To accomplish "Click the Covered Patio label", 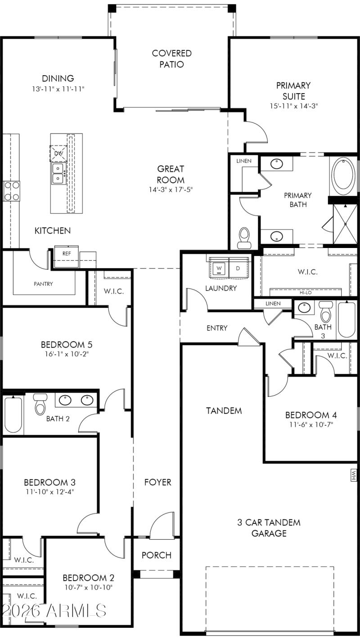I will (171, 59).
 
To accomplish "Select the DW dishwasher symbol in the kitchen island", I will (58, 153).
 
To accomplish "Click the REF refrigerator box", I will (67, 254).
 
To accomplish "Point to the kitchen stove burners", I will (12, 190).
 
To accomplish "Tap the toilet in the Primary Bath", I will (244, 237).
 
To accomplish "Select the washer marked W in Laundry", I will (219, 268).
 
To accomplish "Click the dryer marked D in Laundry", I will (238, 268).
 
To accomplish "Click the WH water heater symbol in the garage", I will (353, 474).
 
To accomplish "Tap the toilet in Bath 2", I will (40, 404).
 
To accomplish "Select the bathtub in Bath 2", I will (13, 414).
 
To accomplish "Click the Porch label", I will (157, 555).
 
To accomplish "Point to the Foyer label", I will (157, 482).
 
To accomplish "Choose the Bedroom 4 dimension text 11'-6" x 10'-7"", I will (311, 424).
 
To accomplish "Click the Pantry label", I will (43, 284).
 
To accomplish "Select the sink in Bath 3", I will (305, 308).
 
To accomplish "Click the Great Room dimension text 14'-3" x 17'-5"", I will (171, 189).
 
